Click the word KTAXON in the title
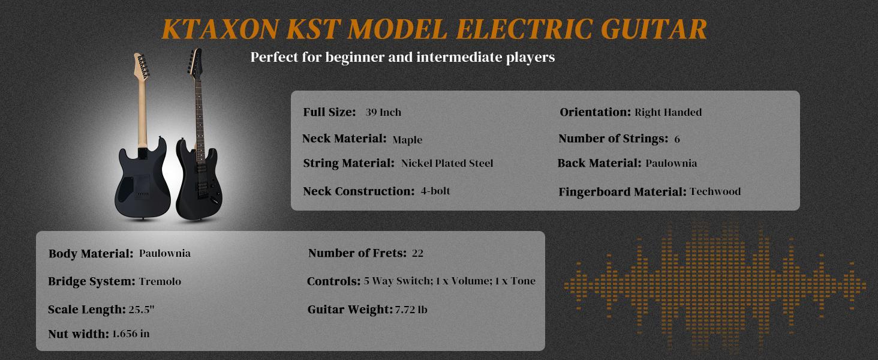click(x=220, y=29)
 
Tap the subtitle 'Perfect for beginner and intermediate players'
click(x=402, y=58)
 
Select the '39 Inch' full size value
click(x=383, y=112)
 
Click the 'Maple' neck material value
click(x=407, y=140)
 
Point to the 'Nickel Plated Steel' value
click(x=447, y=163)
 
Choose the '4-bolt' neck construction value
click(x=435, y=191)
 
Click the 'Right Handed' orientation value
click(x=667, y=112)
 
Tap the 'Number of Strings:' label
click(x=613, y=139)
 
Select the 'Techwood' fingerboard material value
click(x=715, y=192)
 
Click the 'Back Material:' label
click(x=599, y=163)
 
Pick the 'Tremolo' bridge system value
click(x=160, y=281)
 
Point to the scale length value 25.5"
click(x=142, y=310)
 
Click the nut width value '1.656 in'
click(x=131, y=334)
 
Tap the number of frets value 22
click(x=417, y=253)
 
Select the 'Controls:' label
click(x=333, y=281)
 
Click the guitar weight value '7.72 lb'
click(x=411, y=310)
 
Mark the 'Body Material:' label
click(x=91, y=254)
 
